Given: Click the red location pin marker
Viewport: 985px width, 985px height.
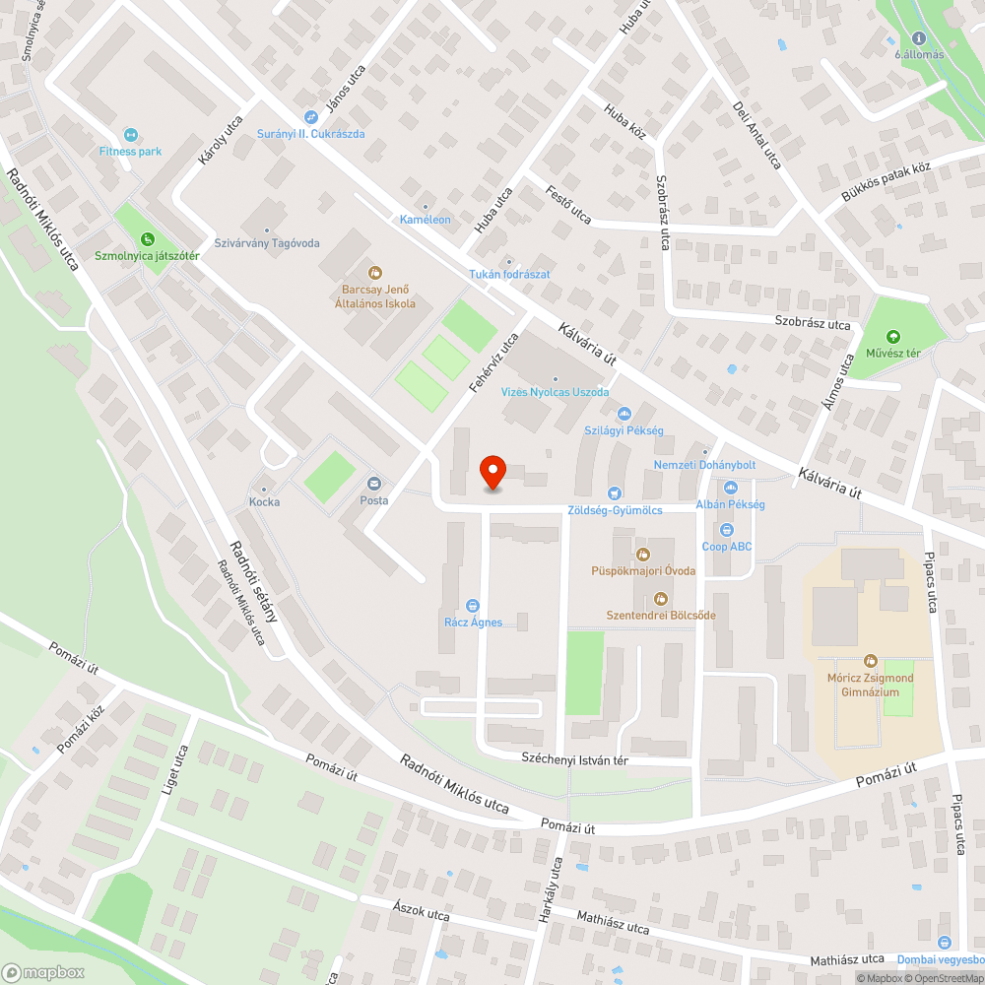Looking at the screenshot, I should tap(492, 474).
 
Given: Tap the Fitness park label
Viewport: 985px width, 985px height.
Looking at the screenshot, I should tap(130, 152).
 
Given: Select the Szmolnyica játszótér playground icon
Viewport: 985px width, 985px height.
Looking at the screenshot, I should tap(147, 238).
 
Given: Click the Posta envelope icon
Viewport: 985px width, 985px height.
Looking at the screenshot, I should tap(374, 483).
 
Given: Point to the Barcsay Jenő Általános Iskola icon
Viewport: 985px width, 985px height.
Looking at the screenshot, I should tap(374, 272).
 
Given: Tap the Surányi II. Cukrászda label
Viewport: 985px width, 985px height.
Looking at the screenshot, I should tap(310, 133).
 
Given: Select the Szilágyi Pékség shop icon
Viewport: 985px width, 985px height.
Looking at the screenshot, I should tap(623, 415).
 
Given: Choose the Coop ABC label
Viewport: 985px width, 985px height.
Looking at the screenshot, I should tap(727, 547).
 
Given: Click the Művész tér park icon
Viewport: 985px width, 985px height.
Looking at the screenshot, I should tap(893, 337).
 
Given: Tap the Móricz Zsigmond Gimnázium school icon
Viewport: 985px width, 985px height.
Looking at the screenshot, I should tap(870, 661).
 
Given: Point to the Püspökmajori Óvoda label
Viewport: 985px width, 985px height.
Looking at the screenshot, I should tap(644, 570).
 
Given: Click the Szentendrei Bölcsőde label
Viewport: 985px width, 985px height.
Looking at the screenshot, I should tap(660, 615).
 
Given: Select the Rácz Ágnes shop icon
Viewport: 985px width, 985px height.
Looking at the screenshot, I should tap(473, 605).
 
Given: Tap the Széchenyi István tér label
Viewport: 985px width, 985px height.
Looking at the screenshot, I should tap(573, 760).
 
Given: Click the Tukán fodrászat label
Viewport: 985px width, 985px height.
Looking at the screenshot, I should tap(509, 274).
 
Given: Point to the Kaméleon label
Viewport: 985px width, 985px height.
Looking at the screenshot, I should tap(425, 219).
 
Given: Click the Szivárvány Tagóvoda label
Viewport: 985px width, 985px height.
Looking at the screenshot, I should tap(267, 242).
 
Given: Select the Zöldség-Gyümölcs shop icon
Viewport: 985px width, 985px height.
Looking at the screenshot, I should tap(616, 492).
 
